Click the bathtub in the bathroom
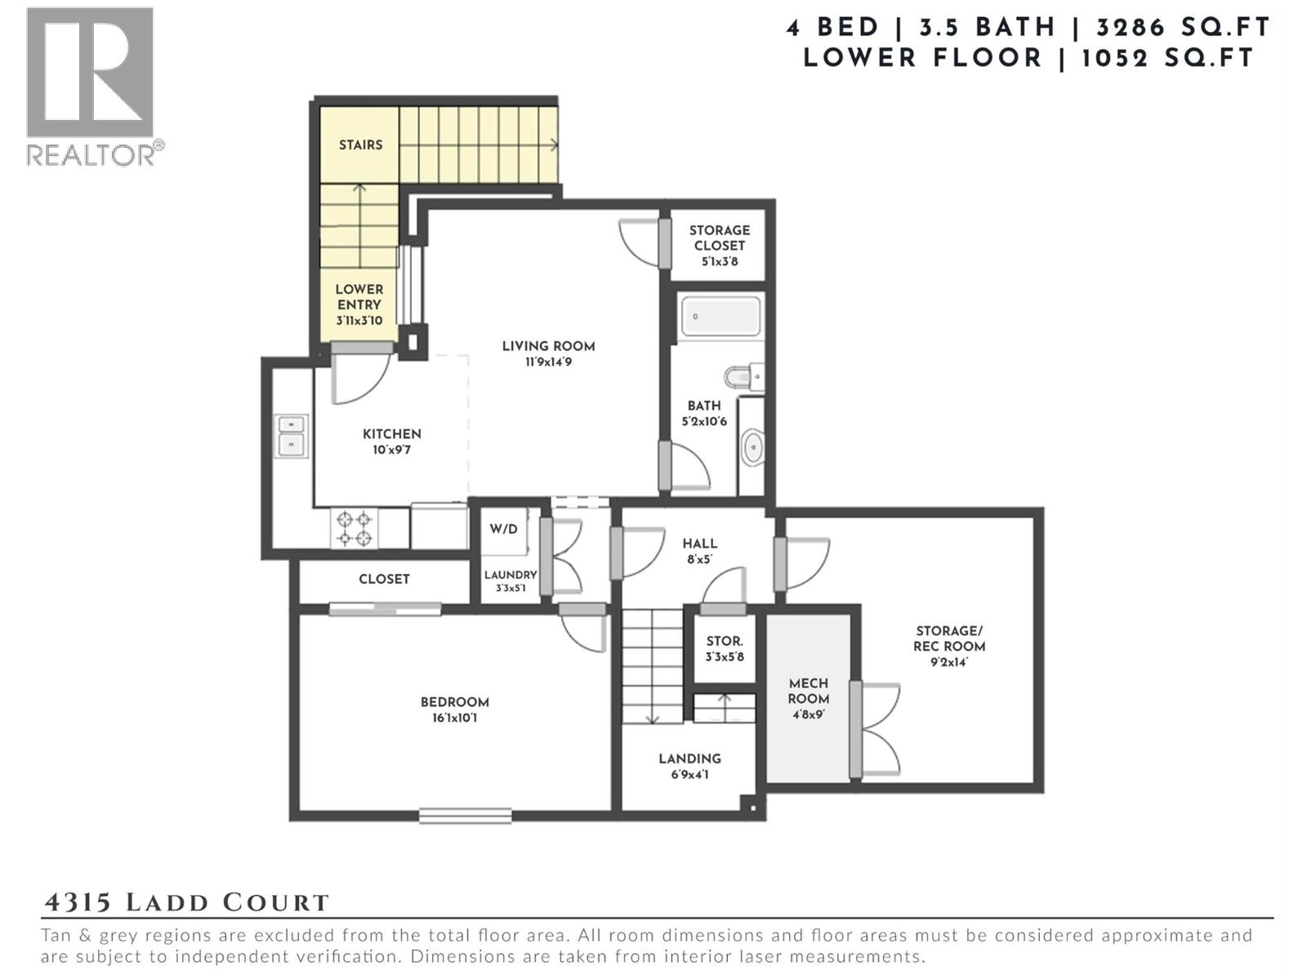pos(720,316)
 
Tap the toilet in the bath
pos(742,376)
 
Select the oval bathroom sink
pos(752,448)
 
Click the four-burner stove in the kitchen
pos(355,528)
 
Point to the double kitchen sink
pos(291,434)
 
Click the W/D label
pos(503,529)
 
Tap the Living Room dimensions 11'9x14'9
pos(548,362)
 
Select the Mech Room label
pos(808,691)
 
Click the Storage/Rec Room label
pos(949,639)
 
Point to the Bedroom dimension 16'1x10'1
pos(455,719)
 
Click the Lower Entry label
pos(359,297)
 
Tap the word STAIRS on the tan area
pos(360,145)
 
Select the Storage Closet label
pos(719,238)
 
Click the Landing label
pos(689,759)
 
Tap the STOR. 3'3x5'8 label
pos(724,648)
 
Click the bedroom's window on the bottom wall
pos(466,815)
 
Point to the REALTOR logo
pos(91,86)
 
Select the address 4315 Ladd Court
pos(186,902)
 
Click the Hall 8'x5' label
pos(699,551)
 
